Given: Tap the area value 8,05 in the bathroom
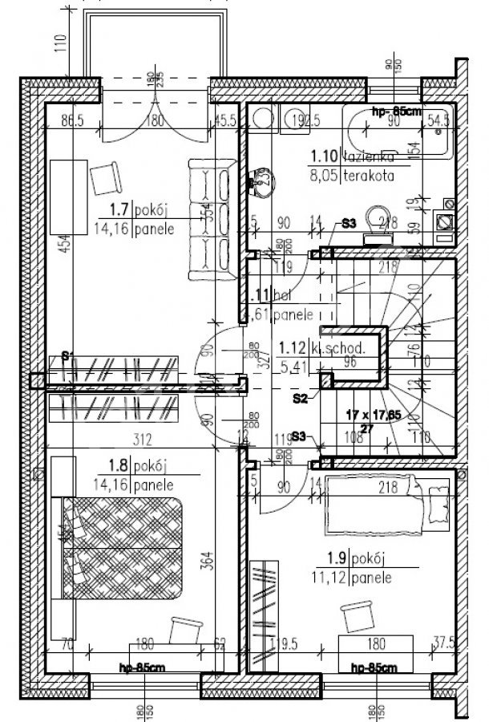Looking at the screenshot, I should tap(325, 180).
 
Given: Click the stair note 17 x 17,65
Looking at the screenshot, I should tap(372, 416).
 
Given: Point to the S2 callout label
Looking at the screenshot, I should tap(300, 397).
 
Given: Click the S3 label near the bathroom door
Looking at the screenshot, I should tap(348, 224).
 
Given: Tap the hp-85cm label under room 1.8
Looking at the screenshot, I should tap(141, 667).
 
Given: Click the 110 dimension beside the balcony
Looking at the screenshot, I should tap(59, 43).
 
